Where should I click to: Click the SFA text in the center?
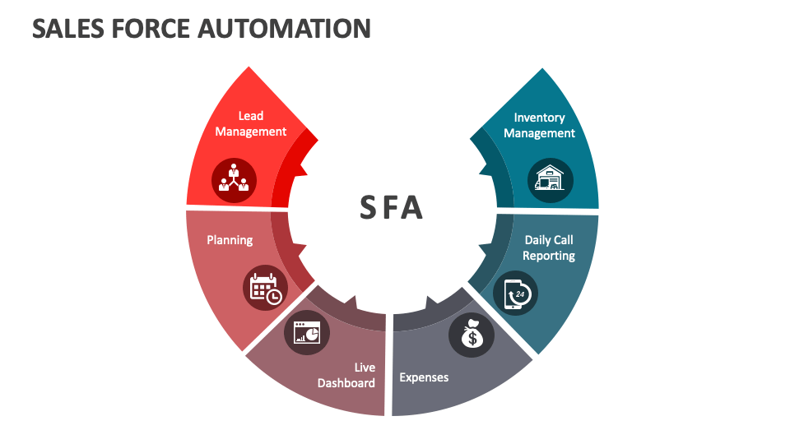click(x=392, y=208)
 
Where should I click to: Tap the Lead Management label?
click(x=251, y=123)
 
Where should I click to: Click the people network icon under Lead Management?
click(x=234, y=178)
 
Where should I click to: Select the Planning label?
click(x=230, y=240)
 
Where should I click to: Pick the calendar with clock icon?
click(x=266, y=288)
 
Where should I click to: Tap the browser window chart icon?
click(x=307, y=332)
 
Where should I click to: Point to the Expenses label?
click(x=424, y=377)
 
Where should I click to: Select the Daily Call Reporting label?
click(x=549, y=247)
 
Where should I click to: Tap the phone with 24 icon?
click(x=516, y=294)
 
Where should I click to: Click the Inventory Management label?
click(x=539, y=125)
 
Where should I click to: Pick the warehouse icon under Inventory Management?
click(x=551, y=180)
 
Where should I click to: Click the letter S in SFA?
click(x=367, y=208)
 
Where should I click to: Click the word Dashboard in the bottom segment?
click(x=346, y=383)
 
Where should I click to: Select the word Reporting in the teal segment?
click(x=549, y=256)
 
